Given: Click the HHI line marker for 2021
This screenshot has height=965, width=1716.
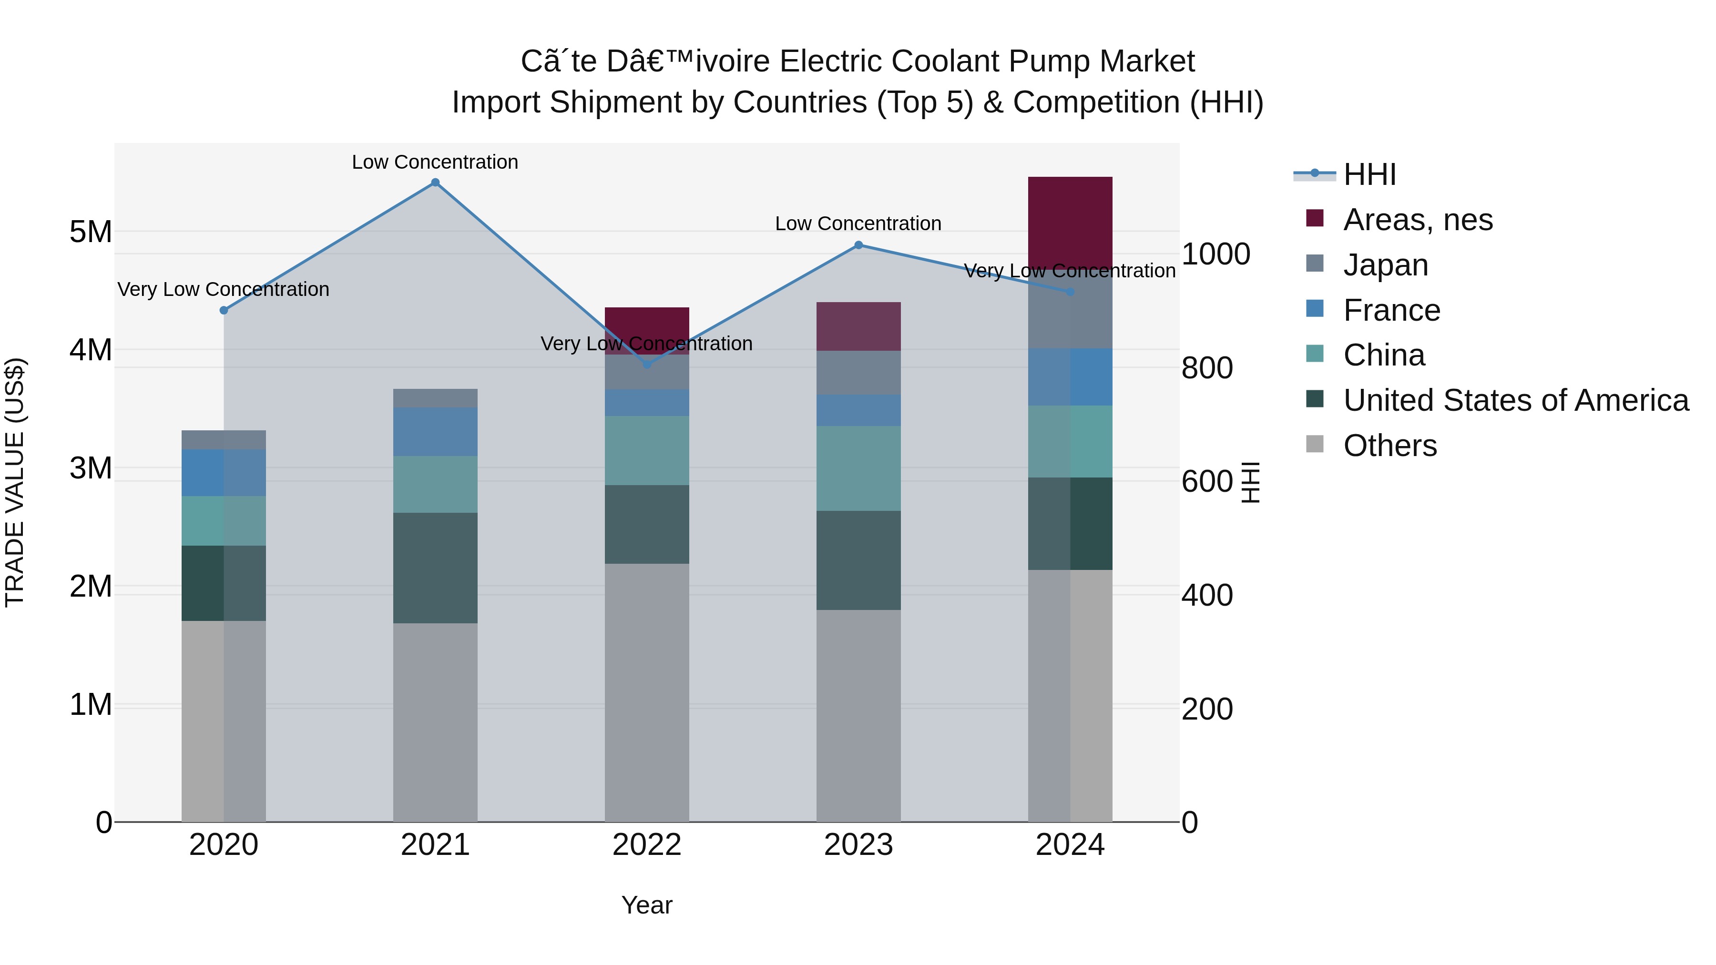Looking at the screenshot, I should (x=435, y=183).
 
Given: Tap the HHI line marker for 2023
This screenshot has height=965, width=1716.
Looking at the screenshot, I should (x=858, y=245).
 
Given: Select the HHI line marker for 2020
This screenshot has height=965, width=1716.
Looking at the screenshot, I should (x=224, y=310).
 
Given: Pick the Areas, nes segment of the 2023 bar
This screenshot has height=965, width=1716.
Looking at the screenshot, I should (x=858, y=326).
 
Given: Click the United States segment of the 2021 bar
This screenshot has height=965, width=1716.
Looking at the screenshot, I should (x=435, y=568).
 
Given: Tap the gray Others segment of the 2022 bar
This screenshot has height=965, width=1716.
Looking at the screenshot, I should (x=646, y=692).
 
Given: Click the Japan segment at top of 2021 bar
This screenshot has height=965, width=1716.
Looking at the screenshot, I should (x=435, y=398).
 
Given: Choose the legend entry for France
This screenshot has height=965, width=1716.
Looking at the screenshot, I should (x=1391, y=310).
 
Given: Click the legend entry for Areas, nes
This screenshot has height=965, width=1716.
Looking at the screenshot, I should (x=1417, y=220).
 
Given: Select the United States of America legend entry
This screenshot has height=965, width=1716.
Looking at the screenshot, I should (x=1515, y=400).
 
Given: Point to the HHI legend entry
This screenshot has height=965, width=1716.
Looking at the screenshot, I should (x=1369, y=174).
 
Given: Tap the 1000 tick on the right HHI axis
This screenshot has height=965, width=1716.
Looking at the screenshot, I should (x=1215, y=254).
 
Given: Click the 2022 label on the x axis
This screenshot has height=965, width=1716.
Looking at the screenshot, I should (x=646, y=844).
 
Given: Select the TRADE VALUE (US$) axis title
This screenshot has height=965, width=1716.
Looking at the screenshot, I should (x=15, y=482).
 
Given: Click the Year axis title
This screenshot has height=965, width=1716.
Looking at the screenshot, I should (x=646, y=905).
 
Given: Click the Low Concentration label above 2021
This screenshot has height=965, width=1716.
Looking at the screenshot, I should (x=435, y=162).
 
